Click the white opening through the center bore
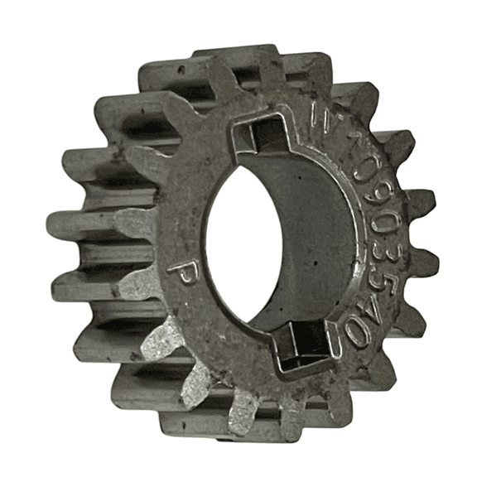(x=240, y=240)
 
